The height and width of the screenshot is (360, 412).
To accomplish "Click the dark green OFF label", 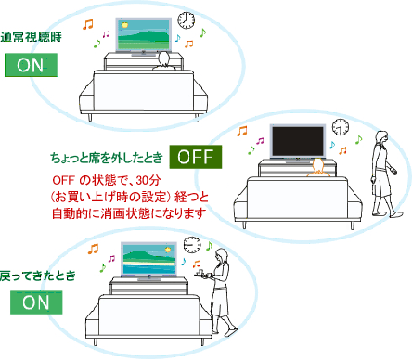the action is point(196,157).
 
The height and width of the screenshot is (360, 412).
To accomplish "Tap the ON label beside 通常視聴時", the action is point(31,65).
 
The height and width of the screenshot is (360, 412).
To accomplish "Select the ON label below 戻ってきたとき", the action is point(36,302).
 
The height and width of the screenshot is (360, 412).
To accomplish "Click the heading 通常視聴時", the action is point(31,37).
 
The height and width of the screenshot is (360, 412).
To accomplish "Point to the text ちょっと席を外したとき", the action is point(107,158).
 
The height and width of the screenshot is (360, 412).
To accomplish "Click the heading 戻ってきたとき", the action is point(38,276).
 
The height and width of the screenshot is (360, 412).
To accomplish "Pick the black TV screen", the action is point(298,141).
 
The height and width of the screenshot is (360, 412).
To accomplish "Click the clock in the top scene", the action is point(187,20).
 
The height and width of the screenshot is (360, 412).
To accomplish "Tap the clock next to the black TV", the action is point(341,127).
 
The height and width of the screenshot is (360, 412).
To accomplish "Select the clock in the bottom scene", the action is point(192,245).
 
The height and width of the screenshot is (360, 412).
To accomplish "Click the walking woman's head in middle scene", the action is point(382,136).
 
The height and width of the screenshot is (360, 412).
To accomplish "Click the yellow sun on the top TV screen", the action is point(125,25).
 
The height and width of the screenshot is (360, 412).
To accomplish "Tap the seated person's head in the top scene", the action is point(164,58).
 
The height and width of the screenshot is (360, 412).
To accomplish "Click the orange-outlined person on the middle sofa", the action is point(318,168).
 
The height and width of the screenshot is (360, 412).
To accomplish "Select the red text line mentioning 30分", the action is point(107,180).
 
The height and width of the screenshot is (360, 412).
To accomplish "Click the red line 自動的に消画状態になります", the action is point(129,213).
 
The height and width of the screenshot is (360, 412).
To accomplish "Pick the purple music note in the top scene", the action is point(106,34).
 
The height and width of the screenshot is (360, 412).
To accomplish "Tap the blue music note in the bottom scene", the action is point(184,262).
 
